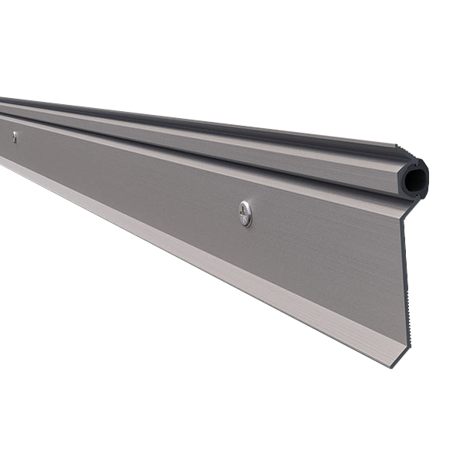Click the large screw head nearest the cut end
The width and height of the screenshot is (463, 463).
tap(245, 213)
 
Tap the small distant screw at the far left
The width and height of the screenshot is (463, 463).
tap(14, 137)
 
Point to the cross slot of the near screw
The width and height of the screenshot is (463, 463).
tap(245, 213)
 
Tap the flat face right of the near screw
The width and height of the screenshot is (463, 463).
tap(324, 247)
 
